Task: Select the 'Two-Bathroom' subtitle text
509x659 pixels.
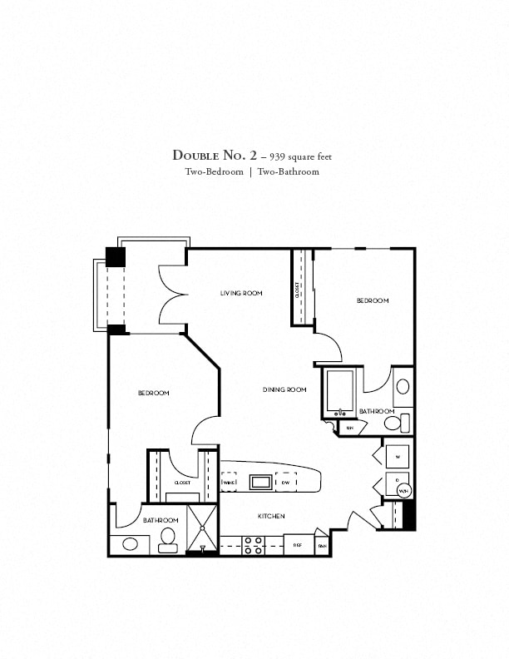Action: coord(288,172)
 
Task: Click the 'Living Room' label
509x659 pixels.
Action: coord(241,293)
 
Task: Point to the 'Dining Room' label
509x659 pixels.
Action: coord(285,389)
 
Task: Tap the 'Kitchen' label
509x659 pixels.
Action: coord(271,517)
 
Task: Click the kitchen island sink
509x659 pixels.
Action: coord(260,482)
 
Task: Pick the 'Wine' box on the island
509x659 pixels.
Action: coord(229,482)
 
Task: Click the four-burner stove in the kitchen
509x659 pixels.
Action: coord(253,545)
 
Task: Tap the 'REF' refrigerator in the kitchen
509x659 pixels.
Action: coord(297,545)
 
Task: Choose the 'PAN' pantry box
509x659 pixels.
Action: coord(321,545)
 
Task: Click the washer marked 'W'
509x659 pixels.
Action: coord(397,457)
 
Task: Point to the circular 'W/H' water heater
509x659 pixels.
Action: coord(403,492)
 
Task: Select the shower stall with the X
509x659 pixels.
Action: coord(201,528)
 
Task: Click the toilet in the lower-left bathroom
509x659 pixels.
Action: coord(168,537)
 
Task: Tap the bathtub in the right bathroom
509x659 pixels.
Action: coord(340,392)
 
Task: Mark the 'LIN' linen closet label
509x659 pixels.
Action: coord(351,428)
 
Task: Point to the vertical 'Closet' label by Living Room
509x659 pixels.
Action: coord(298,289)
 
